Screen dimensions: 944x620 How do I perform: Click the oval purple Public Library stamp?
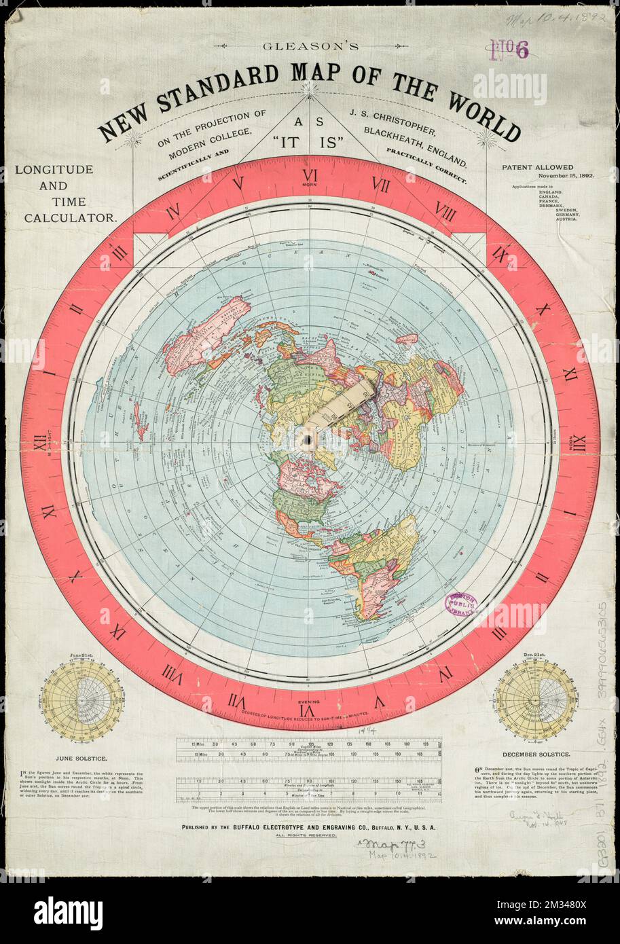point(461,604)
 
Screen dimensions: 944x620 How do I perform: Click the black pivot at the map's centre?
point(307,441)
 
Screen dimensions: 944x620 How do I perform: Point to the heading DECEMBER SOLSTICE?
point(536,755)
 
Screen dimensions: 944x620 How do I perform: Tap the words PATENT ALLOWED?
point(538,166)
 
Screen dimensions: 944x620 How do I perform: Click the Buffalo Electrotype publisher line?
point(309,828)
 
